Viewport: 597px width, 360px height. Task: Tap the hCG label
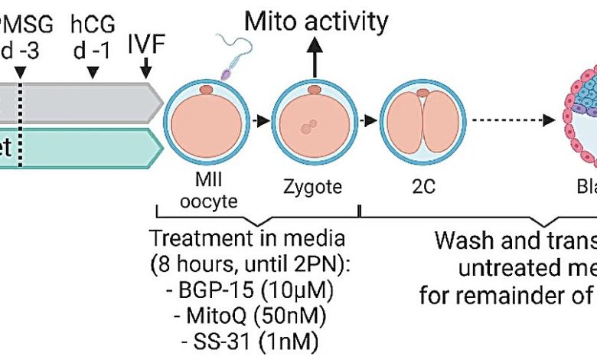click(x=93, y=25)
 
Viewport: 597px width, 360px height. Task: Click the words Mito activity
click(x=316, y=21)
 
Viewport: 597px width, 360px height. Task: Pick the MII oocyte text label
click(x=204, y=193)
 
